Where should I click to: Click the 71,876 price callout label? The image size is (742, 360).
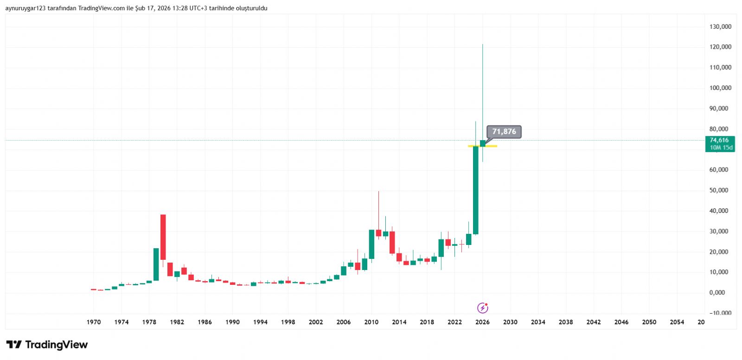504,132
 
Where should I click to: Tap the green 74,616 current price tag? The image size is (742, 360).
719,140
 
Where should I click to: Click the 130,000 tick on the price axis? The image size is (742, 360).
720,27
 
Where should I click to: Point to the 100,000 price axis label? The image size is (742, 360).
720,88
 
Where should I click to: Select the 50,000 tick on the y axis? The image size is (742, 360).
719,190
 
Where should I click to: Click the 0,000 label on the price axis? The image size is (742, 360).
717,293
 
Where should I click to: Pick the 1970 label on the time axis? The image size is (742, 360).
94,322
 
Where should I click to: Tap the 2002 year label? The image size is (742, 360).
316,322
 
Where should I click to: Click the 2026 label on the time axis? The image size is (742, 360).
482,322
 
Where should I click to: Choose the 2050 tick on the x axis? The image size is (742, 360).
649,322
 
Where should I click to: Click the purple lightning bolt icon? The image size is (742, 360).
483,308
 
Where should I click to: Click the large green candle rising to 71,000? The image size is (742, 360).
475,190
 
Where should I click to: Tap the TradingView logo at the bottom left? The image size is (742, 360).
47,345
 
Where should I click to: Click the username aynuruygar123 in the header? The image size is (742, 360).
26,8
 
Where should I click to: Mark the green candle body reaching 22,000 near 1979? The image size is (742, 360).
156,264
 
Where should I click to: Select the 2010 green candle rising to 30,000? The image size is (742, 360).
371,244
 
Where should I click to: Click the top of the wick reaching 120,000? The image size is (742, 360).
482,45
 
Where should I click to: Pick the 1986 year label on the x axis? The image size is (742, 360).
205,322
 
